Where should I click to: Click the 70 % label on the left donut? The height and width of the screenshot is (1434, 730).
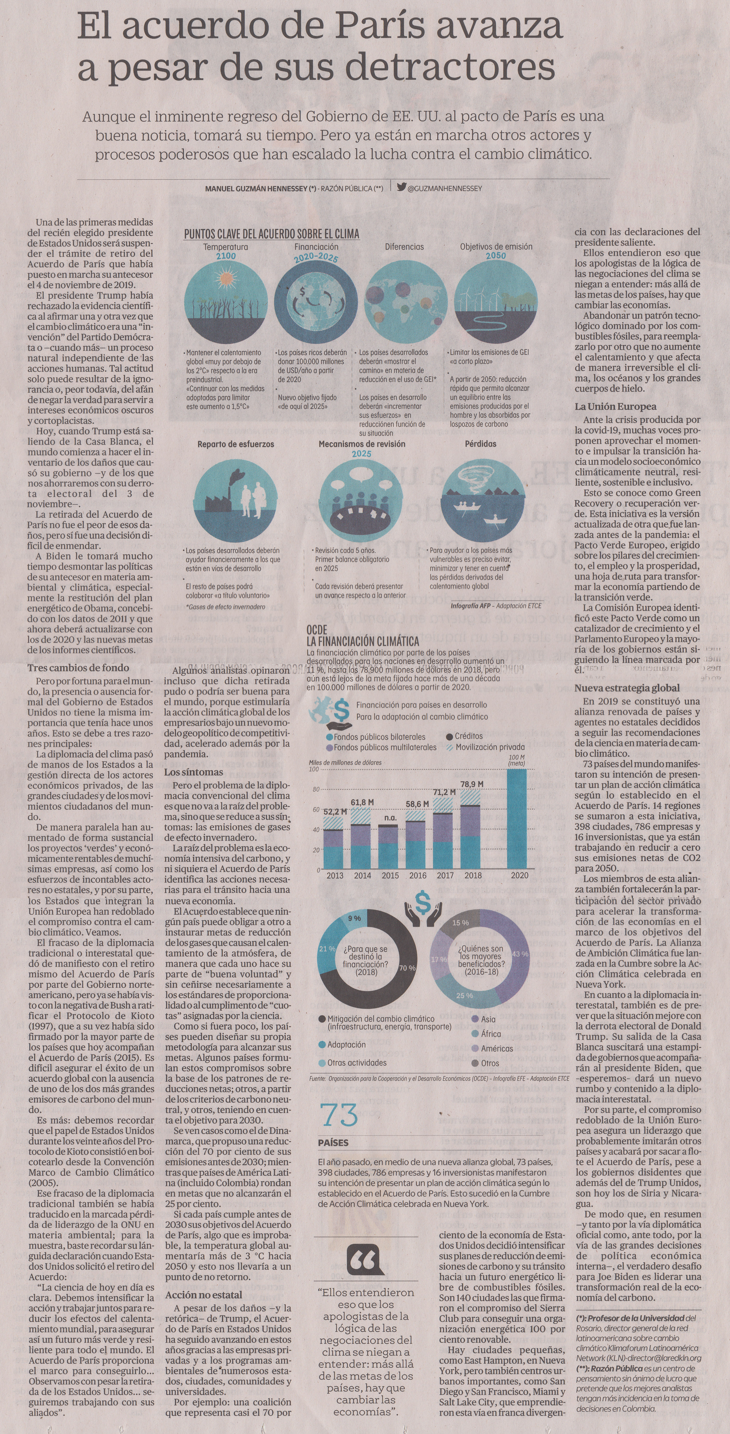click(x=407, y=968)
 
